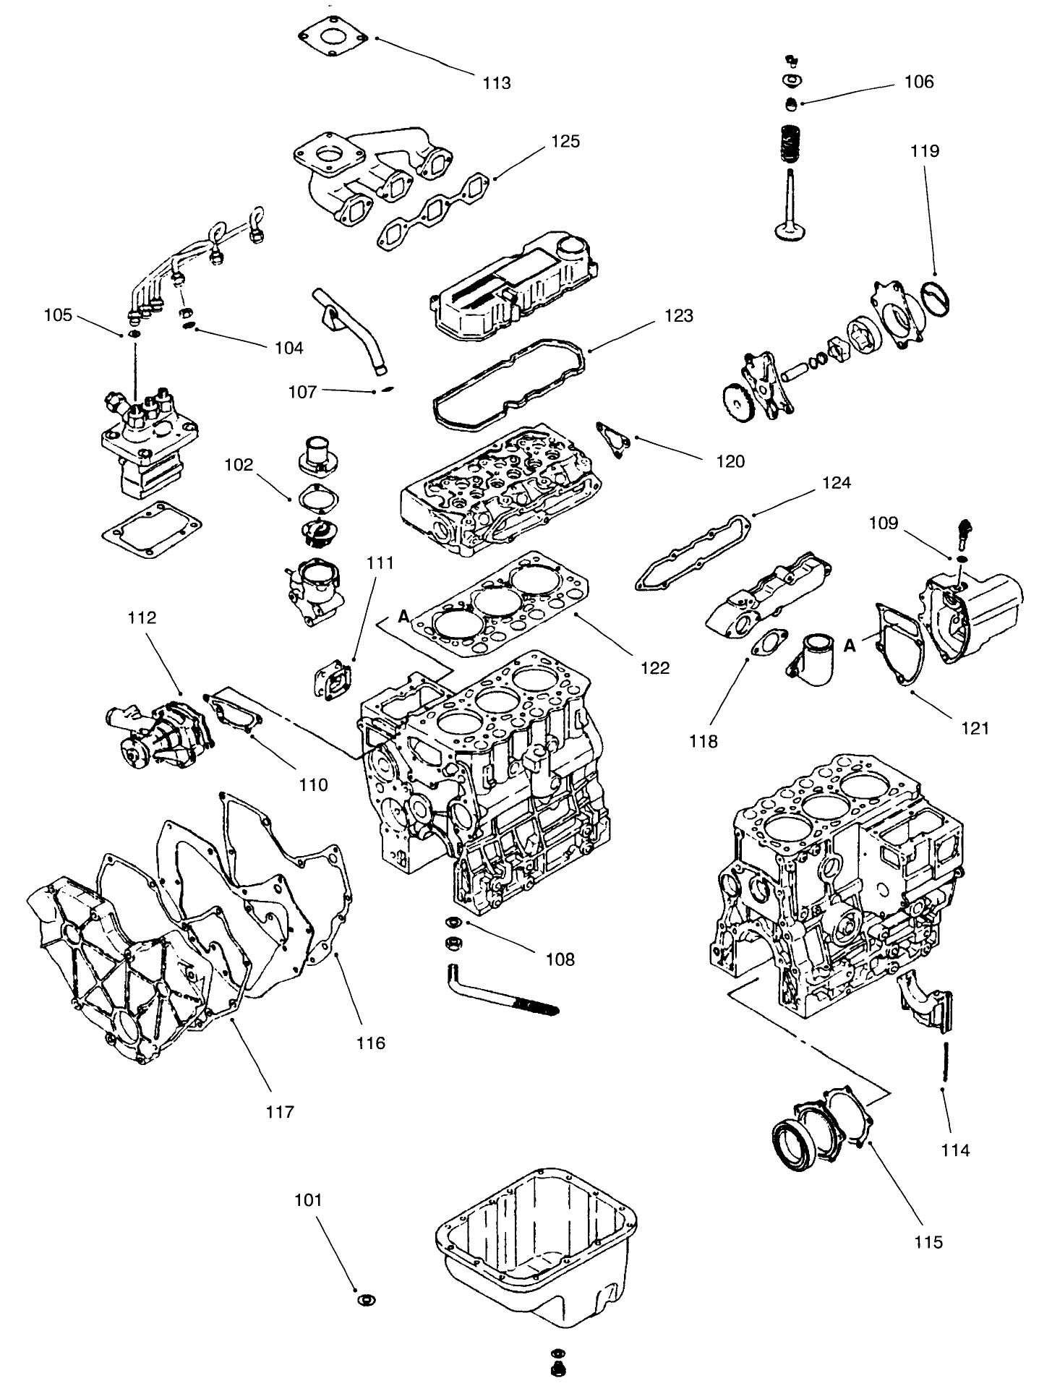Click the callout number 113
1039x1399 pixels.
coord(497,83)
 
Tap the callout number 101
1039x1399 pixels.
coord(308,1200)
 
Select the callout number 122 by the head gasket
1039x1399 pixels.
coord(655,668)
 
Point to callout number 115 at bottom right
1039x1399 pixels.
coord(928,1241)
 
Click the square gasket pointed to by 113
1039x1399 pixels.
coord(335,32)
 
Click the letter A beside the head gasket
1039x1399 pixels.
coord(403,615)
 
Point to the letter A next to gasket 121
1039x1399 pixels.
coord(850,646)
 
